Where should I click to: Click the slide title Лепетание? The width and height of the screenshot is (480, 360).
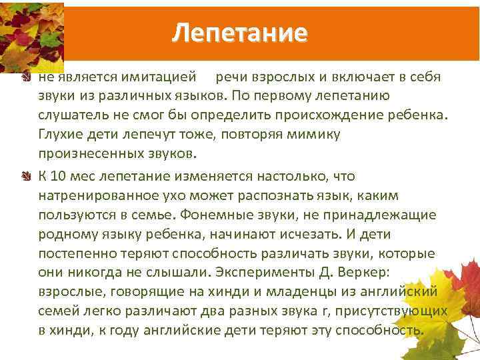pos(239,32)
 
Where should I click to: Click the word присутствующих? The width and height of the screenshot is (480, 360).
pos(397,312)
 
